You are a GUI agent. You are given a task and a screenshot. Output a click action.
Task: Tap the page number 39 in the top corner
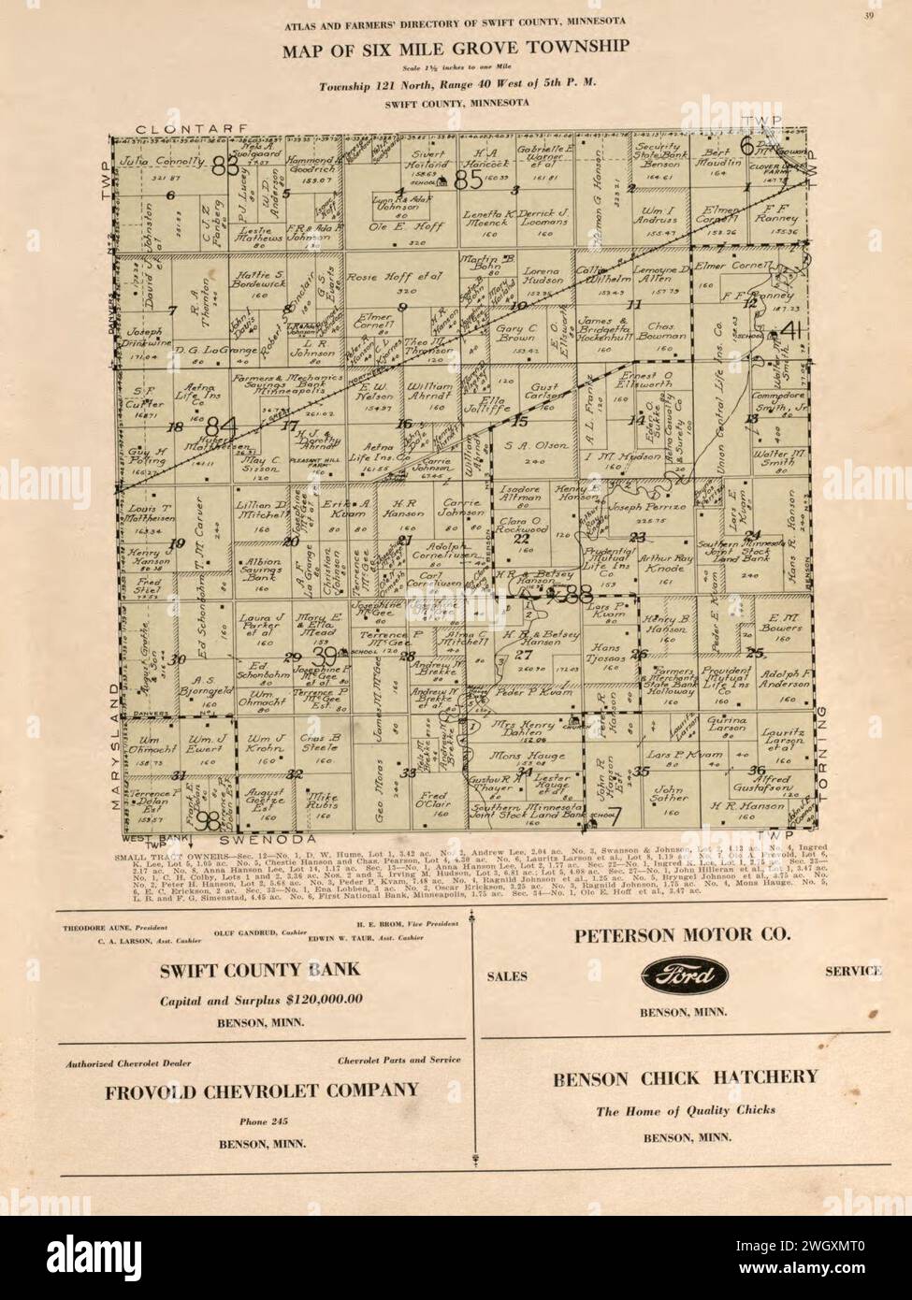869,12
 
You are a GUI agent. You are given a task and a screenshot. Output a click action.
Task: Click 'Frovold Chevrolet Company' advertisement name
261,1090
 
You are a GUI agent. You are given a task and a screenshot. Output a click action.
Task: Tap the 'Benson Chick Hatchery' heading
685,1078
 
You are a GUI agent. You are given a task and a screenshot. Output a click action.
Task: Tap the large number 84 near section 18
222,426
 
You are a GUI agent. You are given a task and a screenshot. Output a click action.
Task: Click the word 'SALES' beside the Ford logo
509,976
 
